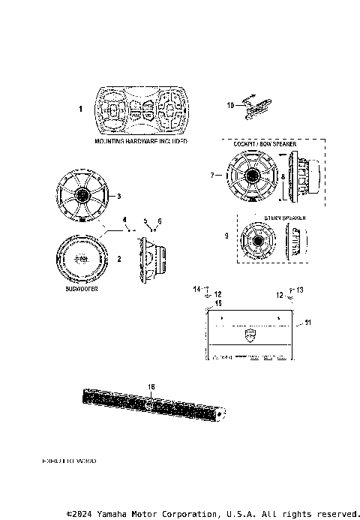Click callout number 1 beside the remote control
(81, 110)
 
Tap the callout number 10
(231, 105)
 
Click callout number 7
(213, 175)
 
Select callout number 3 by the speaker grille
(118, 196)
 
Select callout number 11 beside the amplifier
(307, 323)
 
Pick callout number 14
(198, 289)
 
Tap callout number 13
(300, 289)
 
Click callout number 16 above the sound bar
(150, 386)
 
